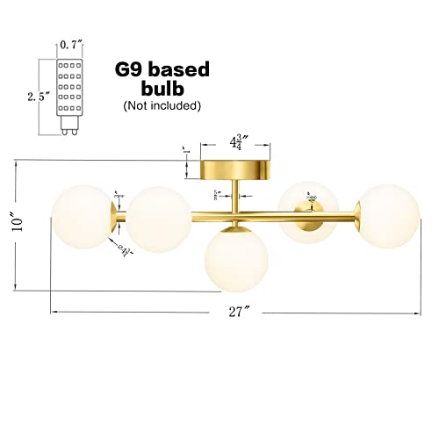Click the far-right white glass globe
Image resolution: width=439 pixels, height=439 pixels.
385,215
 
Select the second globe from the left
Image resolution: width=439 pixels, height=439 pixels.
159,218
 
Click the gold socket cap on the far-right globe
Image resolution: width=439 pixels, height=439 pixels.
360,212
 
